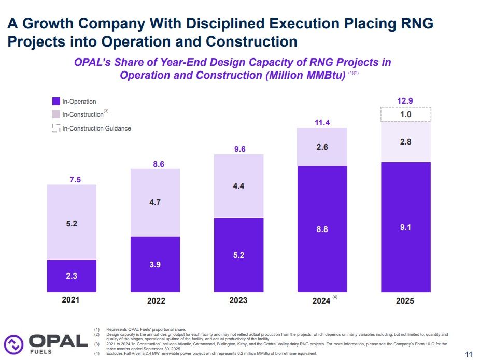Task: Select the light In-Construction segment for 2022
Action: [x=155, y=203]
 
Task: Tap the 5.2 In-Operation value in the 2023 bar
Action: [x=238, y=255]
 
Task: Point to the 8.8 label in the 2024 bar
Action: [x=322, y=229]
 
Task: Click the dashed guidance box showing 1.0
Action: [x=405, y=114]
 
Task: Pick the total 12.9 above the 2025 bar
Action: [x=405, y=101]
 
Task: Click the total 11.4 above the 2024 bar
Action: [x=322, y=123]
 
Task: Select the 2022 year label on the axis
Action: [x=155, y=300]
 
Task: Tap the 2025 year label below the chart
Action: [x=405, y=300]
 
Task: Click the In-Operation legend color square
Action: [x=57, y=102]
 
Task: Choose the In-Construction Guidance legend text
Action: [x=96, y=128]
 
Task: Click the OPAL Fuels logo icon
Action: [x=14, y=343]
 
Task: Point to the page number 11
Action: [x=469, y=355]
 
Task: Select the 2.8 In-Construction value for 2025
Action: [x=405, y=141]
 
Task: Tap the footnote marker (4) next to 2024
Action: [x=335, y=297]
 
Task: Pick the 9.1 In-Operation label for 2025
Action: [x=405, y=226]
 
